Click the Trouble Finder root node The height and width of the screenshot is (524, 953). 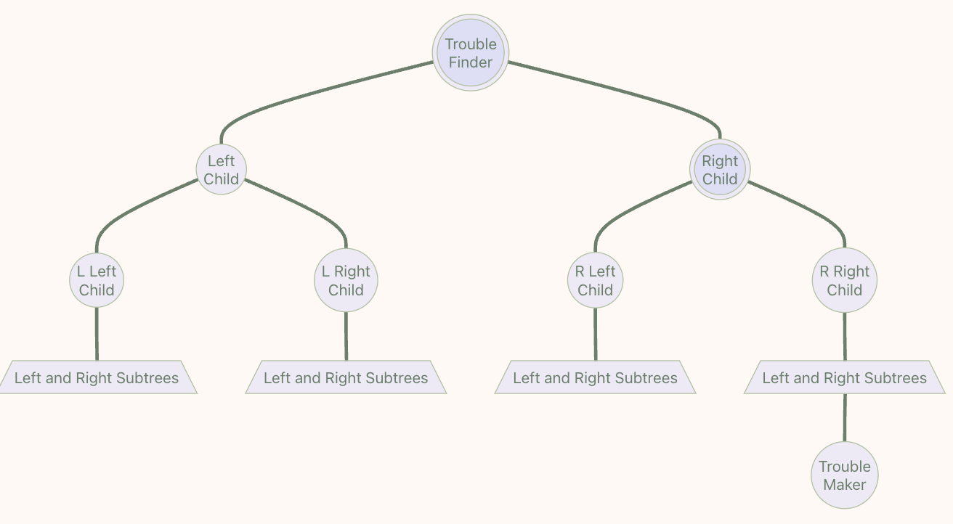click(471, 53)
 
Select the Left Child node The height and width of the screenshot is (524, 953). click(222, 170)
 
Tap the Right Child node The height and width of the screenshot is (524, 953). click(720, 170)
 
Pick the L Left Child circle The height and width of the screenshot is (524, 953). click(97, 281)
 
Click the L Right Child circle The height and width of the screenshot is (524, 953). click(346, 281)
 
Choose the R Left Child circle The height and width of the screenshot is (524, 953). click(595, 281)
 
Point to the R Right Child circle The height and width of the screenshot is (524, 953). click(844, 281)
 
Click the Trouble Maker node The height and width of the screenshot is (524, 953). click(844, 475)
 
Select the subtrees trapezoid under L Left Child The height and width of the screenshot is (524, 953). click(97, 377)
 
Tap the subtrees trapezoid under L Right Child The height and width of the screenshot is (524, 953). click(346, 377)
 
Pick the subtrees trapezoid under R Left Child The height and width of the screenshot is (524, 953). click(595, 377)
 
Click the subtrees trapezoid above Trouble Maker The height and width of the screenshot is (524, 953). click(844, 377)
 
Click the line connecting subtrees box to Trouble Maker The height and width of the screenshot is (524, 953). click(844, 418)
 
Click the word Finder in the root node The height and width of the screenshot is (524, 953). click(471, 62)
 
